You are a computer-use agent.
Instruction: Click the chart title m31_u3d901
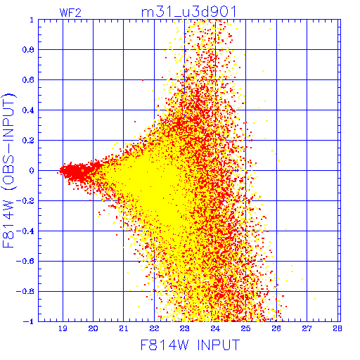point(188,12)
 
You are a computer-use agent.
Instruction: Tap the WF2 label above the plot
point(70,13)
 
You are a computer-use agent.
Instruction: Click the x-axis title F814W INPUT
point(190,345)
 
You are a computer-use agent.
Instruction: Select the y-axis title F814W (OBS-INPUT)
point(8,170)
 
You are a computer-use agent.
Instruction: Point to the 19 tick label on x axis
point(63,328)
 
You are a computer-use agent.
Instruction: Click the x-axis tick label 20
point(93,328)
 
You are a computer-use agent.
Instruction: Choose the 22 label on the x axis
point(154,328)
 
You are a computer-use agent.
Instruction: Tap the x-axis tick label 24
point(215,328)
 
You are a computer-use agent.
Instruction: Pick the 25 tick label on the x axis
point(245,328)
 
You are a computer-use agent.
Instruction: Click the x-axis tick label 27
point(307,328)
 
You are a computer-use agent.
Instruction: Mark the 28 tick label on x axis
point(337,328)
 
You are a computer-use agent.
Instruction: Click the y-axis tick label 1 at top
point(32,20)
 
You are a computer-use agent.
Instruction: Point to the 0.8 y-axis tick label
point(28,50)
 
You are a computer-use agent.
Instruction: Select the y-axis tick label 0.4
point(28,110)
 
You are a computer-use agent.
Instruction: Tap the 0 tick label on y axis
point(32,171)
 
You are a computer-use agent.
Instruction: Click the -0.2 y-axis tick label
point(25,201)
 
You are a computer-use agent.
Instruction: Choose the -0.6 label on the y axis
point(25,261)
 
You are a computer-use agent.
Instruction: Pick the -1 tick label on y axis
point(29,321)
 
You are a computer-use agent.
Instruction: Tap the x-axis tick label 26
point(276,328)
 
